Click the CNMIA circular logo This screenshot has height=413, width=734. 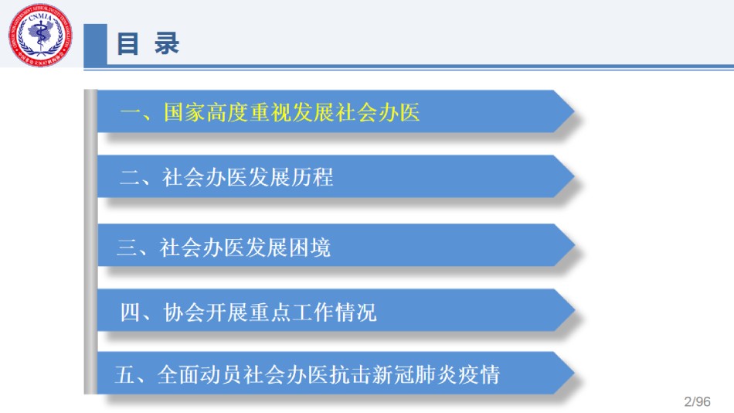click(40, 35)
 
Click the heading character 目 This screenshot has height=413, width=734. click(127, 43)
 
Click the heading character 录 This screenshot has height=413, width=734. click(167, 43)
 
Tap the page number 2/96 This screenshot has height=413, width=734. click(697, 401)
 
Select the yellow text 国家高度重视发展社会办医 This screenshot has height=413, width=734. click(291, 112)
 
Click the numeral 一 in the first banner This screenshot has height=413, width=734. click(130, 112)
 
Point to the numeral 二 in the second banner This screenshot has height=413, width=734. click(130, 178)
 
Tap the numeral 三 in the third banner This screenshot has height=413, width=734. click(127, 247)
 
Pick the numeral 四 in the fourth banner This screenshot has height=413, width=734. click(130, 312)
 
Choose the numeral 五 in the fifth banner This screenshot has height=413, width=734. click(125, 374)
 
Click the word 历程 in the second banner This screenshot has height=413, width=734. click(312, 178)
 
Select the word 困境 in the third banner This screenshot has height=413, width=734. click(309, 247)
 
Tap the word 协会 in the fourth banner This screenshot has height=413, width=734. click(185, 312)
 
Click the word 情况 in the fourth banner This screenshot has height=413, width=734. click(355, 312)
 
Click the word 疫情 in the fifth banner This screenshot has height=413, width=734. click(479, 374)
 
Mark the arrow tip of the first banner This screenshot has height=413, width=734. click(574, 111)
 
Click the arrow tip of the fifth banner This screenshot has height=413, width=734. click(574, 373)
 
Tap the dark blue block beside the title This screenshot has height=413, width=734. click(96, 45)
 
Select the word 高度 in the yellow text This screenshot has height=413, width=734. click(227, 112)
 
